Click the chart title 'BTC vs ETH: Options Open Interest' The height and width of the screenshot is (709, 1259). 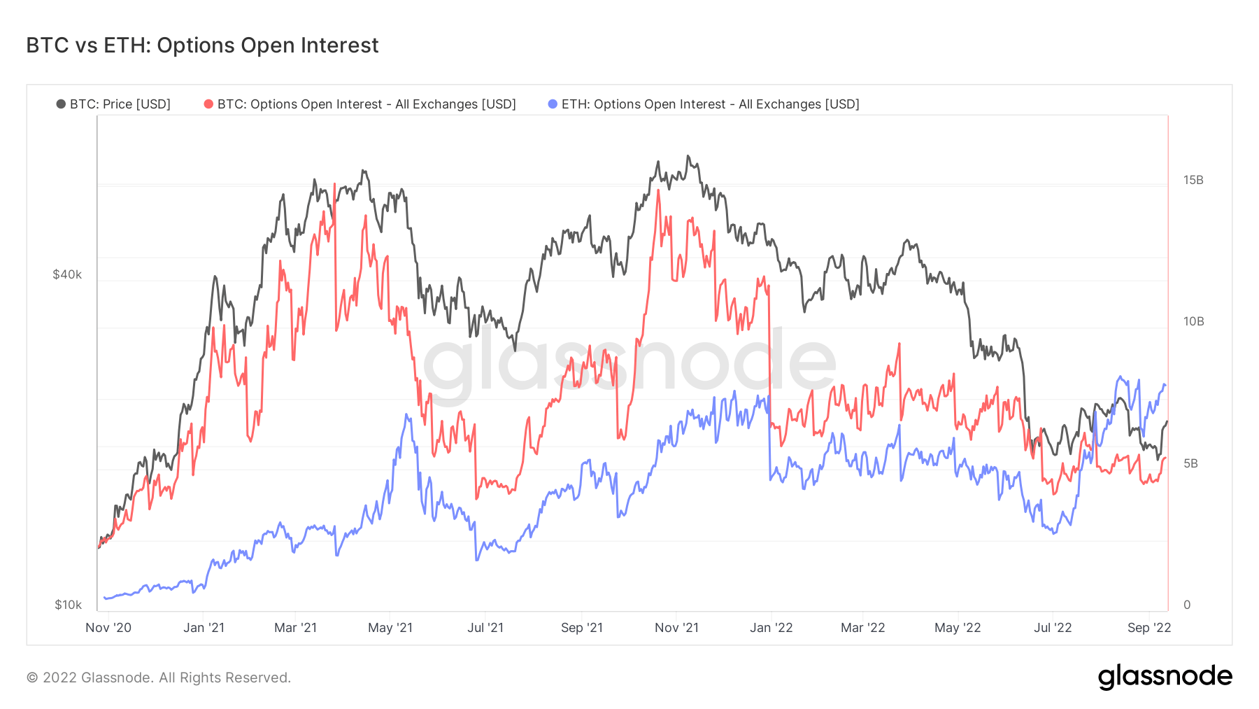pos(202,45)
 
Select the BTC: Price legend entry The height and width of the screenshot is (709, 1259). pos(113,104)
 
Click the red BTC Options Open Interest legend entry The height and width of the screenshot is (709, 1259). pos(360,104)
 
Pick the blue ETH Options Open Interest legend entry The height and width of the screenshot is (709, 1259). pos(704,104)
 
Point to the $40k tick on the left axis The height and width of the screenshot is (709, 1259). pos(67,274)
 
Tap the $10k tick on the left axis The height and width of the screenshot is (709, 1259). pos(68,605)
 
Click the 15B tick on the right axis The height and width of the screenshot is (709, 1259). pos(1193,180)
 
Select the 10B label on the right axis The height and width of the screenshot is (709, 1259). pos(1193,321)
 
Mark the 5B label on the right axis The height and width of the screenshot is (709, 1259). pos(1190,463)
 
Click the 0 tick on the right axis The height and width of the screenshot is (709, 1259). pos(1187,605)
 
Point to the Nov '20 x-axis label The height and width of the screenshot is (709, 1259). pos(108,628)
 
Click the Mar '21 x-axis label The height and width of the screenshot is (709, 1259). pos(295,628)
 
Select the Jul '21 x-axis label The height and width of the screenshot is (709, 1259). pos(485,628)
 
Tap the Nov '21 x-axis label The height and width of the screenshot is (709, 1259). pos(676,628)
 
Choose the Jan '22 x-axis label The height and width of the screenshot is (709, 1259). pos(771,628)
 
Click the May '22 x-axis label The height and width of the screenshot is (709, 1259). pos(958,628)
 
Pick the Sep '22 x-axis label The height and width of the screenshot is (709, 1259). pos(1148,628)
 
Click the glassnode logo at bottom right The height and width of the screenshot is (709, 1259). pos(1165,677)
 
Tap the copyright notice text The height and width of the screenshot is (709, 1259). pos(159,678)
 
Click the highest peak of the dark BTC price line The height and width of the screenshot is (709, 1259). pos(688,156)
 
